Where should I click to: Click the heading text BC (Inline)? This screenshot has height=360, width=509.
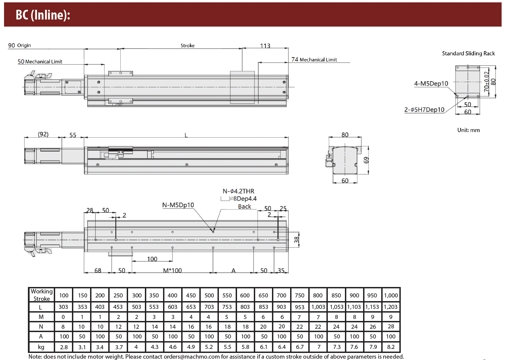(x=43, y=15)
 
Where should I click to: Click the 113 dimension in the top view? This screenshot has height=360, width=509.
(x=265, y=46)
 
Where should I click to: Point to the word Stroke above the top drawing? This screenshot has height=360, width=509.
(x=188, y=45)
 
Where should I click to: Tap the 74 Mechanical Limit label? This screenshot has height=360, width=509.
(x=314, y=60)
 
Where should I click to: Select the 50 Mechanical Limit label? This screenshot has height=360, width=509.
(x=40, y=62)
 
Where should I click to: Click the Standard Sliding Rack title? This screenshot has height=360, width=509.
(x=468, y=53)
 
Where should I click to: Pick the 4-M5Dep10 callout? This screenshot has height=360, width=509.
(x=431, y=83)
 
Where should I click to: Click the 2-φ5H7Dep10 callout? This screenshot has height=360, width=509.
(x=424, y=110)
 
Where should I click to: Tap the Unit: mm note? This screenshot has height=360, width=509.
(x=469, y=130)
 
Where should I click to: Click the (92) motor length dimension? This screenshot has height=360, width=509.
(x=43, y=134)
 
